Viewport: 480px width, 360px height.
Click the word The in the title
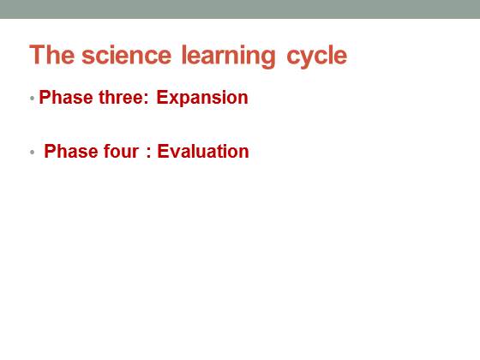51,55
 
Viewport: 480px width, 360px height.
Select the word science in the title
127,55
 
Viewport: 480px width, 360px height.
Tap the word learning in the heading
228,57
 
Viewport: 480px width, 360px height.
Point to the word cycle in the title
317,57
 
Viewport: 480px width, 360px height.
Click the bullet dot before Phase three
33,99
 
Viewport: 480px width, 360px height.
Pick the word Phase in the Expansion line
66,98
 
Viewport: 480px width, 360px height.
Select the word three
121,98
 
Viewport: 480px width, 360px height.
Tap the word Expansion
202,99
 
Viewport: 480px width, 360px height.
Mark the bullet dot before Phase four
33,153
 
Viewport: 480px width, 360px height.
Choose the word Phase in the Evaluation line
70,151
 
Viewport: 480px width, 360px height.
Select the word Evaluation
203,151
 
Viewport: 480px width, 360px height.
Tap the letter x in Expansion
173,99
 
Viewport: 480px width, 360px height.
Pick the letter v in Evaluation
174,153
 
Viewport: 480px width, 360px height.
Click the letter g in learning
267,59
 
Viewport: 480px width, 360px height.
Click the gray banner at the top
240,9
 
